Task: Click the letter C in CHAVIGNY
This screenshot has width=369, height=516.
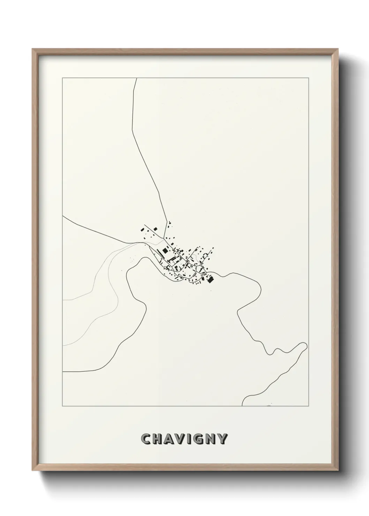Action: pyautogui.click(x=146, y=439)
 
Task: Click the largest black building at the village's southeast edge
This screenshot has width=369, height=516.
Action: pyautogui.click(x=210, y=279)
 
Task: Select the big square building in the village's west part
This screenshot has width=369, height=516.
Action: pyautogui.click(x=165, y=250)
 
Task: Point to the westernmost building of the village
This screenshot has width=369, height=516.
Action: pyautogui.click(x=142, y=230)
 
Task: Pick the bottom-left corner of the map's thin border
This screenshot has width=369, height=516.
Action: pyautogui.click(x=62, y=406)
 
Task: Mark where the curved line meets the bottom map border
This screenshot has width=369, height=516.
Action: pyautogui.click(x=242, y=406)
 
